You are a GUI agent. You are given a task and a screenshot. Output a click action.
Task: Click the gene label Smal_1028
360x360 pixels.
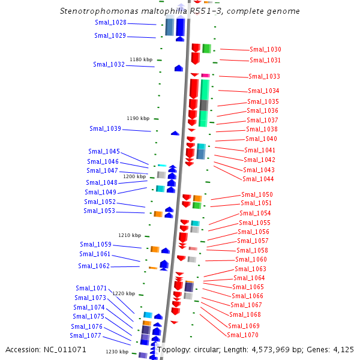click(110, 23)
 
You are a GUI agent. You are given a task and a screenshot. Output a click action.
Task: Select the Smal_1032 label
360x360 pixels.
click(109, 64)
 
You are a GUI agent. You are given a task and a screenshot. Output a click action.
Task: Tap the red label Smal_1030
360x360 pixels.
click(265, 50)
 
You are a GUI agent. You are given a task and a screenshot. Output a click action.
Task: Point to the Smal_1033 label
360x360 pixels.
click(264, 77)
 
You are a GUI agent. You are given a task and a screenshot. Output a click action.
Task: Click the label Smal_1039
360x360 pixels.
click(105, 128)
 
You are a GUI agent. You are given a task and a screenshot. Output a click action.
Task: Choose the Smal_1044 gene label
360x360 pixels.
click(258, 179)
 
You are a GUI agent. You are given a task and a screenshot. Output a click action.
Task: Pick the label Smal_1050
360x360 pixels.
click(257, 194)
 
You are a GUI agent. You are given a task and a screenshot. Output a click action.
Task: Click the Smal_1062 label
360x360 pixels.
click(94, 266)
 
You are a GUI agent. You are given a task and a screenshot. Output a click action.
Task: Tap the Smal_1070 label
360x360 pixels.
click(243, 335)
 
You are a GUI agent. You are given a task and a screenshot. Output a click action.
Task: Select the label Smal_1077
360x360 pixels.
click(85, 335)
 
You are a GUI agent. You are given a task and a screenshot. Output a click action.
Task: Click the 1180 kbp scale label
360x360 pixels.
click(141, 59)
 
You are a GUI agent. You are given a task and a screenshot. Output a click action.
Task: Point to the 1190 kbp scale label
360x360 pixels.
click(138, 118)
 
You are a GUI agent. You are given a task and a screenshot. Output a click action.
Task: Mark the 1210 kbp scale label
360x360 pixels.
click(130, 235)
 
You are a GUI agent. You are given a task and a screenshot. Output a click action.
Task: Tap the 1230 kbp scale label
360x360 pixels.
click(117, 352)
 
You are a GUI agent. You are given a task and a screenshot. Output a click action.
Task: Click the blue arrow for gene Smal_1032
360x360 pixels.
click(179, 68)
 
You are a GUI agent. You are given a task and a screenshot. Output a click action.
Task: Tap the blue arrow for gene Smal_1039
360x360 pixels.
click(175, 133)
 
